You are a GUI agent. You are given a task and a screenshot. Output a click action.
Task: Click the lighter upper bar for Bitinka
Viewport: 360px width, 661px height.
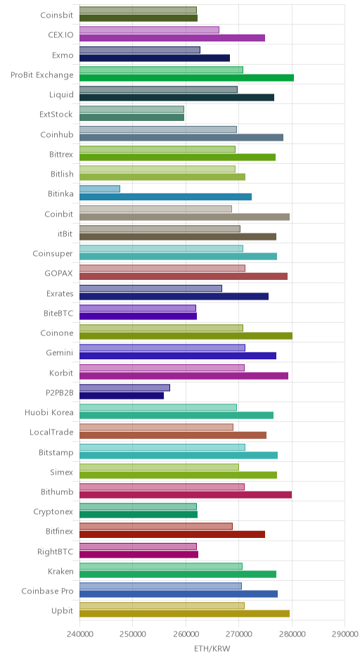[x=99, y=189]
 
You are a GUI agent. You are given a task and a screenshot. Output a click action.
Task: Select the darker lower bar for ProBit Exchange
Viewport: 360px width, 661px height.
[x=187, y=77]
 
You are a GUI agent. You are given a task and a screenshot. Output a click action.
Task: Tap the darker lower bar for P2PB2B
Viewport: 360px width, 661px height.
[x=122, y=395]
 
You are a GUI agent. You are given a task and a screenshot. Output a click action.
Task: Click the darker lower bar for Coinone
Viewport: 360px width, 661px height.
[x=186, y=336]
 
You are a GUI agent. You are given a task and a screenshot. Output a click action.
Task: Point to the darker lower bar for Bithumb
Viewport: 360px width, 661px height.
[x=186, y=495]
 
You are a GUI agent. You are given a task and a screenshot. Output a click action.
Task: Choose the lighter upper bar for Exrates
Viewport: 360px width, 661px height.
[x=151, y=288]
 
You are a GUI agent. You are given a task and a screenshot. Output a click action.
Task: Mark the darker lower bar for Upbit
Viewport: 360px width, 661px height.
[x=185, y=614]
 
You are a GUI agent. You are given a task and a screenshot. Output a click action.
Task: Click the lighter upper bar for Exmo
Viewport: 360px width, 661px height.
[x=140, y=50]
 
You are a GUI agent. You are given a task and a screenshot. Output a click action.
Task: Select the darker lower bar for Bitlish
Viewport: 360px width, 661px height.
[x=162, y=177]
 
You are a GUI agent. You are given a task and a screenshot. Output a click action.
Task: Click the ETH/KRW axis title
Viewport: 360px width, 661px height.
[x=212, y=648]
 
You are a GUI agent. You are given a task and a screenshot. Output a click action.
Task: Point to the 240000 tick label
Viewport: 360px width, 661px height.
[x=79, y=634]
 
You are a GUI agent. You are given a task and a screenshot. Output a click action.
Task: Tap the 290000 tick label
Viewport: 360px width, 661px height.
[x=345, y=634]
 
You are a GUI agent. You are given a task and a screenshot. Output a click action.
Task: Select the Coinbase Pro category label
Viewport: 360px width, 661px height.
[x=47, y=591]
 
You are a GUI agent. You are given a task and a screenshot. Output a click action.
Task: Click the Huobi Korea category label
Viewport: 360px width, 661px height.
[x=49, y=412]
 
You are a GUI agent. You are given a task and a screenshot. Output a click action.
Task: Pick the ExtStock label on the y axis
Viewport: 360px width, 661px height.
[x=56, y=114]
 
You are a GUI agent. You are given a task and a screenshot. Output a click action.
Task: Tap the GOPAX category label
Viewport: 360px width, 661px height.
[x=58, y=273]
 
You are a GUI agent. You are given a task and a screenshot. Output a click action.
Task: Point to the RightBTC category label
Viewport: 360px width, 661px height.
[x=56, y=551]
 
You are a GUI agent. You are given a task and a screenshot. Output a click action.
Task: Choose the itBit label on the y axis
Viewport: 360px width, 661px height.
[x=65, y=233]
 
